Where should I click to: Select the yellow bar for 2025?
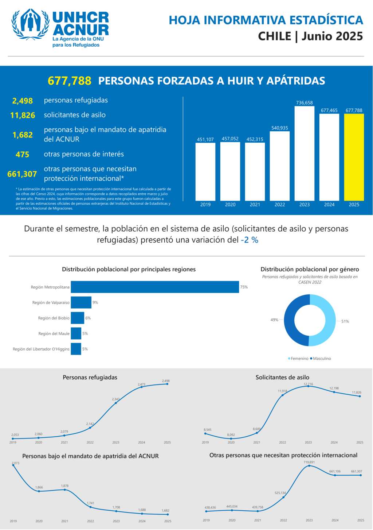point(354,157)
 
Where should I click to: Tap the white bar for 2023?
point(304,153)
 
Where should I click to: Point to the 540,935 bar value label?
point(279,128)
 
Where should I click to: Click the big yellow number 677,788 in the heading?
point(70,81)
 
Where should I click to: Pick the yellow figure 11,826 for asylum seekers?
point(23,115)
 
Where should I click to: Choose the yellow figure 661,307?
point(22,174)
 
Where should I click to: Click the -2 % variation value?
point(250,240)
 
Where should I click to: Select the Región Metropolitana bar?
point(155,287)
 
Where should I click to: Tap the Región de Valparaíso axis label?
point(51,303)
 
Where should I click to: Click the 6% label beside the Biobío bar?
point(88,318)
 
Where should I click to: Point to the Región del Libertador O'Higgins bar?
point(76,349)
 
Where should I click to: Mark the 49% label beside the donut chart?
point(274,320)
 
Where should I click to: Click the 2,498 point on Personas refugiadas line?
point(167,384)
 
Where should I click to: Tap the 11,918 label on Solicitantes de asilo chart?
point(282,391)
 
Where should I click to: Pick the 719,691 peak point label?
point(309,462)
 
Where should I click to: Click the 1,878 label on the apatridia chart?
point(65,486)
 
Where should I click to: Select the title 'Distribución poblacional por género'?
point(310,269)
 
